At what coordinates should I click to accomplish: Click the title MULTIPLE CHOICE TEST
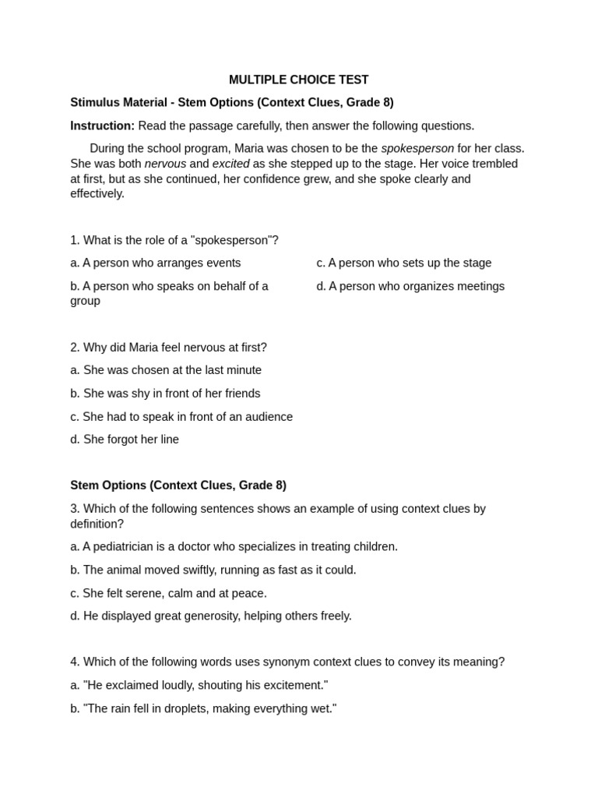tap(298, 79)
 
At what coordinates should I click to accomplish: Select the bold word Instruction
tap(102, 125)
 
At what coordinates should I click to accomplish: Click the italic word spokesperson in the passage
tap(417, 148)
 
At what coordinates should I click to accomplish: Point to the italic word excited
tap(230, 164)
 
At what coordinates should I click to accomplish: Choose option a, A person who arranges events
tap(156, 263)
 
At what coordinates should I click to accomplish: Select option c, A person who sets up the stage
tap(403, 263)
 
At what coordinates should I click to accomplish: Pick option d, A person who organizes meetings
tap(410, 286)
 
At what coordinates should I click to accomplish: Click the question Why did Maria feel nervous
tap(168, 347)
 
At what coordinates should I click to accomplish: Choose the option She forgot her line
tap(125, 439)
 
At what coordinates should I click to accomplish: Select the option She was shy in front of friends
tap(165, 393)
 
